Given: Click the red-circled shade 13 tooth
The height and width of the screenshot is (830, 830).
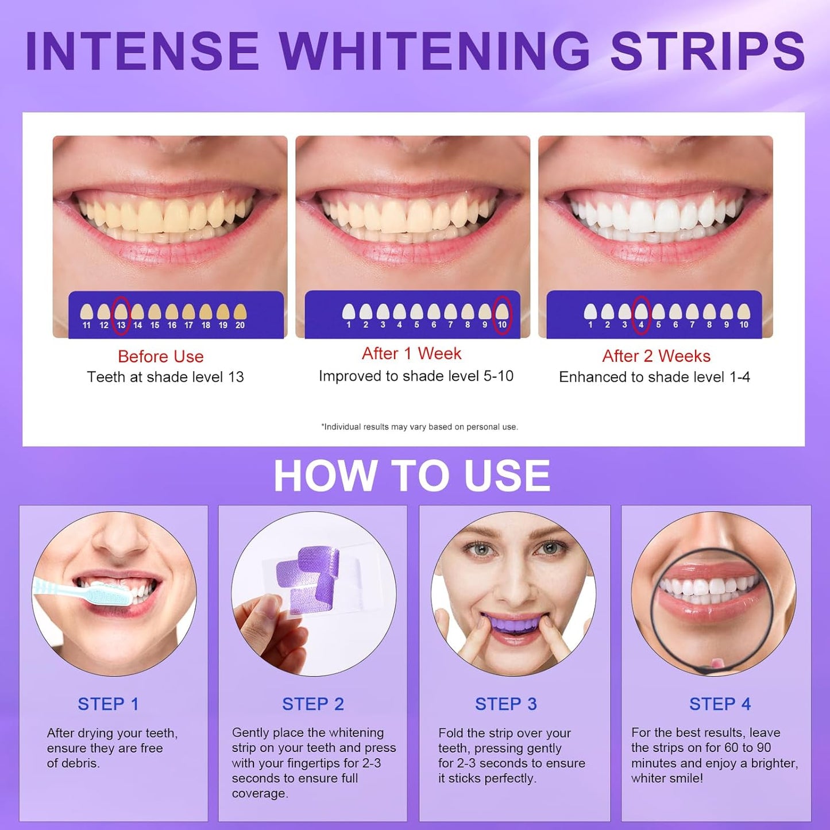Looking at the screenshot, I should tap(121, 312).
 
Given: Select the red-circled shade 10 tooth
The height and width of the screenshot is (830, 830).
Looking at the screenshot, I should tap(502, 312).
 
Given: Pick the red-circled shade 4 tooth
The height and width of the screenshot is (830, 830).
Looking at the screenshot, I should tap(641, 312).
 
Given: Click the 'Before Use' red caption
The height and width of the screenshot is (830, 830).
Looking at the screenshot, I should tap(161, 357).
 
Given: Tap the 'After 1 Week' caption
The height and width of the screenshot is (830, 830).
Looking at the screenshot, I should tap(411, 354).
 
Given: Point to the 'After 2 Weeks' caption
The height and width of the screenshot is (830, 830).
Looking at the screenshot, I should tap(656, 356).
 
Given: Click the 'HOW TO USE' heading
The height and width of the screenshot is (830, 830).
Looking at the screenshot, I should tap(412, 476).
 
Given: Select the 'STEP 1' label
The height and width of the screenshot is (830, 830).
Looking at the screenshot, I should tap(108, 704).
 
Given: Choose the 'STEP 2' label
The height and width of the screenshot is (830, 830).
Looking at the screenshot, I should tap(312, 704).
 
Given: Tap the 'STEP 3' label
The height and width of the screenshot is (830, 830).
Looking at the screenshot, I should tap(505, 704).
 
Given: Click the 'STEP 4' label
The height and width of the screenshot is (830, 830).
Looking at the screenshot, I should tap(720, 704).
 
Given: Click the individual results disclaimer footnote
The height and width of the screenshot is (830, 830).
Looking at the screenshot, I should tap(419, 427).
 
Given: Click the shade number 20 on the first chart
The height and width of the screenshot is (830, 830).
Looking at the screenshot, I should tap(240, 325).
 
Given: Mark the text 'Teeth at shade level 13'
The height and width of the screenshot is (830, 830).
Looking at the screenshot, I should tap(165, 377).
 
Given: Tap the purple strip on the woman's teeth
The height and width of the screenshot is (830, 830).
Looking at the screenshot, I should tap(513, 623).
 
